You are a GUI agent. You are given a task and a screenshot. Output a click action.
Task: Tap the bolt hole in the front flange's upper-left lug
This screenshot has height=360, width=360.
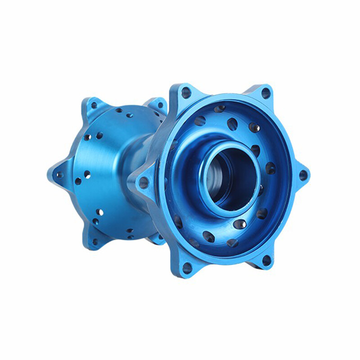coord(186,93)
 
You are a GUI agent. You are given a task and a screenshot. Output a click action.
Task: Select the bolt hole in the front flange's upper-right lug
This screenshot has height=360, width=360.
coord(265,94)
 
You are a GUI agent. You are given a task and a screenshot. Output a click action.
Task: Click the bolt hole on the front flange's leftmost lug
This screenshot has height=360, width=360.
coord(144,182)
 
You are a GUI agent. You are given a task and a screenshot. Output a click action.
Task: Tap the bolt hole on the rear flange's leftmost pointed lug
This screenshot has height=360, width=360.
coord(57,175)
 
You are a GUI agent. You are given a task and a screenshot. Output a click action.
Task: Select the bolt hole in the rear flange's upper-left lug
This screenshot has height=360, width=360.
coord(94,106)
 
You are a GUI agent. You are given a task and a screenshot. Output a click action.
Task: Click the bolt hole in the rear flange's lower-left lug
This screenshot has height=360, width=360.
coord(95,242)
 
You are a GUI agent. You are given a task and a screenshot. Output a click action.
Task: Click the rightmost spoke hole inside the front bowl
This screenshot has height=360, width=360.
coord(270,168)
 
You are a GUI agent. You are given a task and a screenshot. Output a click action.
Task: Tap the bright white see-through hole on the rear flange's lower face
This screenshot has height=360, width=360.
coord(100,211)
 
